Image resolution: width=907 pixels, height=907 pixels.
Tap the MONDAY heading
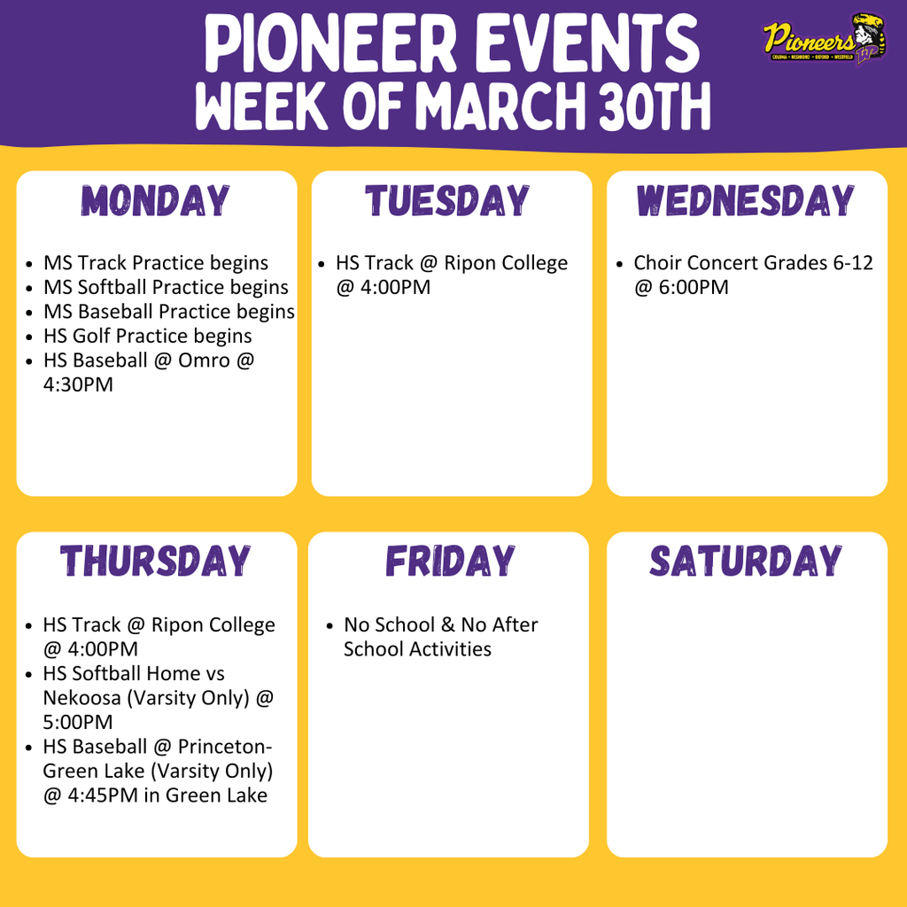point(157,201)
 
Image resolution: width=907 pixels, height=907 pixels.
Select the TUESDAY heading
point(447,201)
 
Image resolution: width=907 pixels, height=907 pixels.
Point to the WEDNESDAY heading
point(745,201)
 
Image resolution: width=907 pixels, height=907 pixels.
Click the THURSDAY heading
point(156,562)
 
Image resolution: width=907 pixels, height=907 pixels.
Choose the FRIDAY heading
point(450,562)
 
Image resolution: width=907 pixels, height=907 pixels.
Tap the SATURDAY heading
point(746,562)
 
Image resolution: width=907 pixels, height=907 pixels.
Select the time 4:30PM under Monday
point(78,385)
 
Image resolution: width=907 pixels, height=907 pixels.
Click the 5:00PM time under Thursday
point(78,723)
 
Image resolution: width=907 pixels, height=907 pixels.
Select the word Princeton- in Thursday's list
point(222,747)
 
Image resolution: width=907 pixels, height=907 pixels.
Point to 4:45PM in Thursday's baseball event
point(102,795)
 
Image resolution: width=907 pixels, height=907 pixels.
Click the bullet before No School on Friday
point(329,625)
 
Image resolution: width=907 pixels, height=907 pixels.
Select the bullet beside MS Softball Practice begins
point(30,288)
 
